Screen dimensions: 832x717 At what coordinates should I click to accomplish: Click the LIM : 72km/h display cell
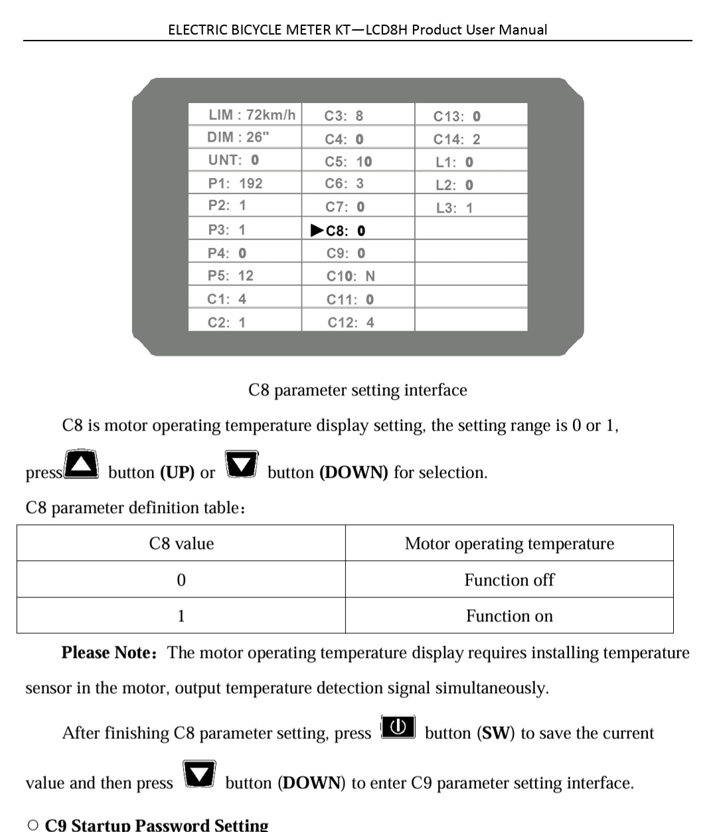(x=252, y=114)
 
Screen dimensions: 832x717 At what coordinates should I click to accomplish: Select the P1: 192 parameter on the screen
(x=235, y=183)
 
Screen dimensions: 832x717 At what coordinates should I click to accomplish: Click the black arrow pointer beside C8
(x=317, y=231)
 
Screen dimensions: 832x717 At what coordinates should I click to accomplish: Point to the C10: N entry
(x=351, y=276)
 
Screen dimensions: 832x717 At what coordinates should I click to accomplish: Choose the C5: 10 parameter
(x=349, y=161)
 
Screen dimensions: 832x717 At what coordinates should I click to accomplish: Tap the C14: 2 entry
(x=457, y=140)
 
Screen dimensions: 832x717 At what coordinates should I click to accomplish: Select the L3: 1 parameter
(x=455, y=208)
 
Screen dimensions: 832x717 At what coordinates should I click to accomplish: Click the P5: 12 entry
(x=230, y=276)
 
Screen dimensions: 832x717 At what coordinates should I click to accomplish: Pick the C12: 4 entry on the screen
(x=351, y=322)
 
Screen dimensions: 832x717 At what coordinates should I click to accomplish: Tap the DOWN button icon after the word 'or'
(x=241, y=464)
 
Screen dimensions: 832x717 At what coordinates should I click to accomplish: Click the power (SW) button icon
(x=398, y=727)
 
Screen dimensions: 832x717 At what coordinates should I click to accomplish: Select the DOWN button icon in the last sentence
(x=200, y=774)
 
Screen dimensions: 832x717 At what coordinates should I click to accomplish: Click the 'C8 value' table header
(x=181, y=544)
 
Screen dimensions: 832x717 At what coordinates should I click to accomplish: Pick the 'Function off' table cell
(x=509, y=580)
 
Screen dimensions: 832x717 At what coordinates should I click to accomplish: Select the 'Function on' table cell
(x=509, y=616)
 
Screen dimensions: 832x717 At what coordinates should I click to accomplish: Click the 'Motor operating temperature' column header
(x=509, y=544)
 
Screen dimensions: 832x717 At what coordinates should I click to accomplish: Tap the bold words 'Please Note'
(x=107, y=653)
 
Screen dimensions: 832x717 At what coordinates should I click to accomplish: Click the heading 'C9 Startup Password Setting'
(x=157, y=825)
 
